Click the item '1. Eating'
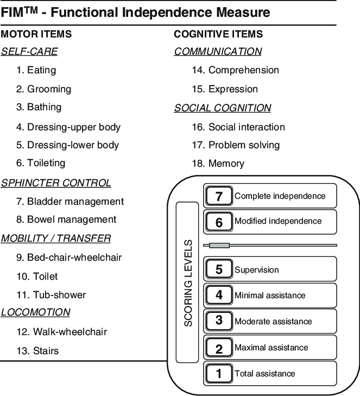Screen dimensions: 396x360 coord(36,70)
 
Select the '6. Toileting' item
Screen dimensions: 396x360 coord(41,163)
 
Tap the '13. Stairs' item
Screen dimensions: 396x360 coord(37,351)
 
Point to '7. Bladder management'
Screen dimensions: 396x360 coord(70,202)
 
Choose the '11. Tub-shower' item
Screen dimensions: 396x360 coord(51,295)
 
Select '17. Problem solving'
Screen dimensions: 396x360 coord(236,145)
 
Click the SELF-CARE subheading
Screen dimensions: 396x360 coord(29,52)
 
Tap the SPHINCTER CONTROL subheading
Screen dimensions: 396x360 coord(56,183)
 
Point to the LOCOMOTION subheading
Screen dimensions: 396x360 coord(36,312)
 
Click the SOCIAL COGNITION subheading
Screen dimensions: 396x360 coord(223,108)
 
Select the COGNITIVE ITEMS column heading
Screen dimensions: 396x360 coord(218,34)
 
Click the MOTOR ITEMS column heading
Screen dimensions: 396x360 coord(36,34)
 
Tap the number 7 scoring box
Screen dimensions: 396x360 coord(219,197)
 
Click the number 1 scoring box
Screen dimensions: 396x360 coord(219,374)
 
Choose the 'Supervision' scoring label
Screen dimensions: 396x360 coord(256,270)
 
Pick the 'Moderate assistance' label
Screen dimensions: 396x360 coord(273,322)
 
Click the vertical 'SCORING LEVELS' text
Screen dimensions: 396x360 coord(188,282)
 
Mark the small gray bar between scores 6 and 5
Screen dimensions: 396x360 coord(219,246)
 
